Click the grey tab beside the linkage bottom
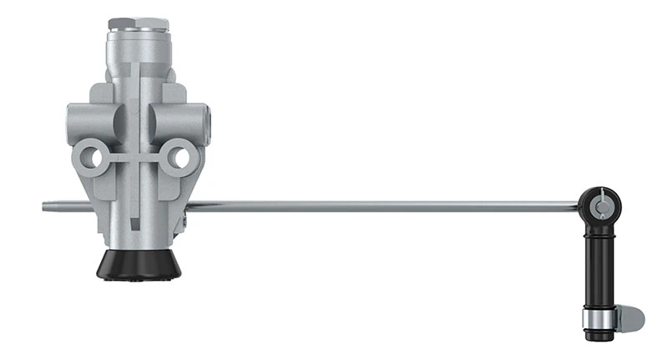click(x=632, y=317)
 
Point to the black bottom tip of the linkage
click(x=598, y=335)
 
